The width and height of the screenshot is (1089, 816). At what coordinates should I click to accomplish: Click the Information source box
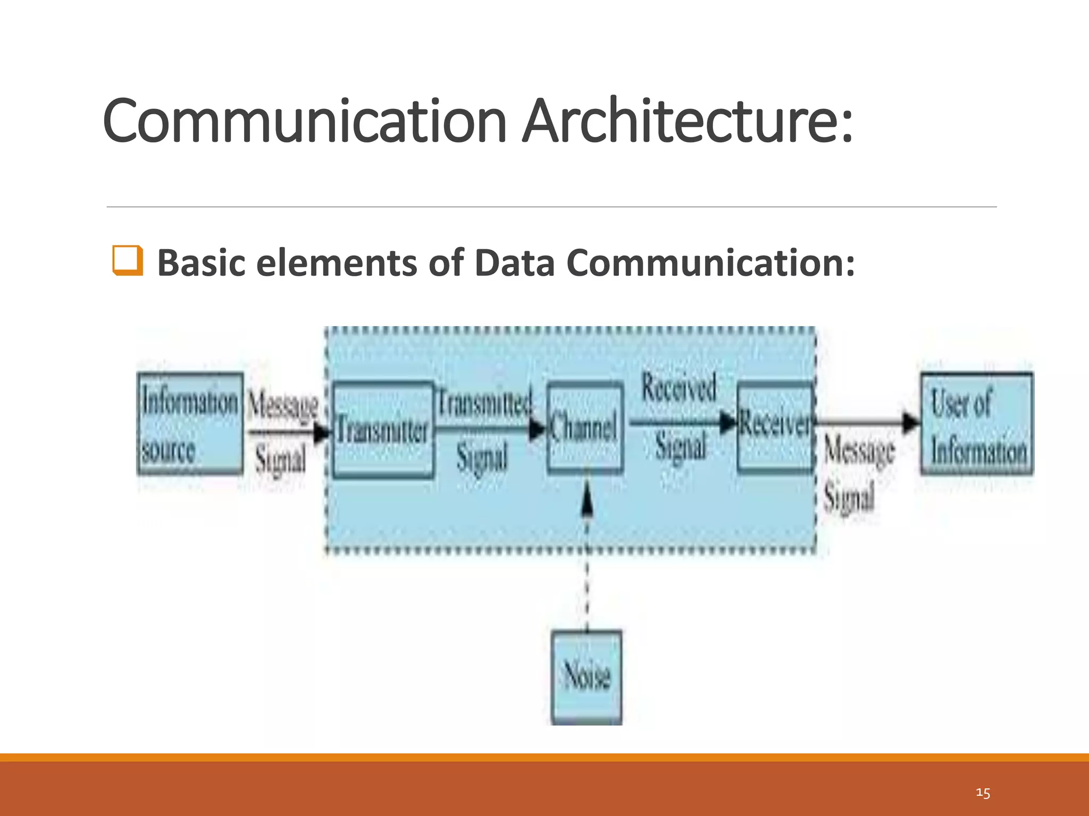(190, 423)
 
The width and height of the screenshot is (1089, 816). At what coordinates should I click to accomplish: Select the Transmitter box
(383, 429)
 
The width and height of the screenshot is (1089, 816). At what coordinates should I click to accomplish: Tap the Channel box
(585, 427)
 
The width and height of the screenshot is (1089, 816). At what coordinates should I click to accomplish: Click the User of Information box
(977, 423)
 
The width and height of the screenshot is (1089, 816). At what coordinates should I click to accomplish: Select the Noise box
(587, 677)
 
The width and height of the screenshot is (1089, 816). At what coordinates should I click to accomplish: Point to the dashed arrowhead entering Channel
(587, 500)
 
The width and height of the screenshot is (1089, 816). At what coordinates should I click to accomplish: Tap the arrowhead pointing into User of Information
(911, 423)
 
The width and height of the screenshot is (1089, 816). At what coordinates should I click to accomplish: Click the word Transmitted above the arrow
(484, 403)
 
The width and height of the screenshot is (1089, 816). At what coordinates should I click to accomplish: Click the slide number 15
(983, 793)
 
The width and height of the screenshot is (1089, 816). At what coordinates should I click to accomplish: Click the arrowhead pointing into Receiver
(727, 423)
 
